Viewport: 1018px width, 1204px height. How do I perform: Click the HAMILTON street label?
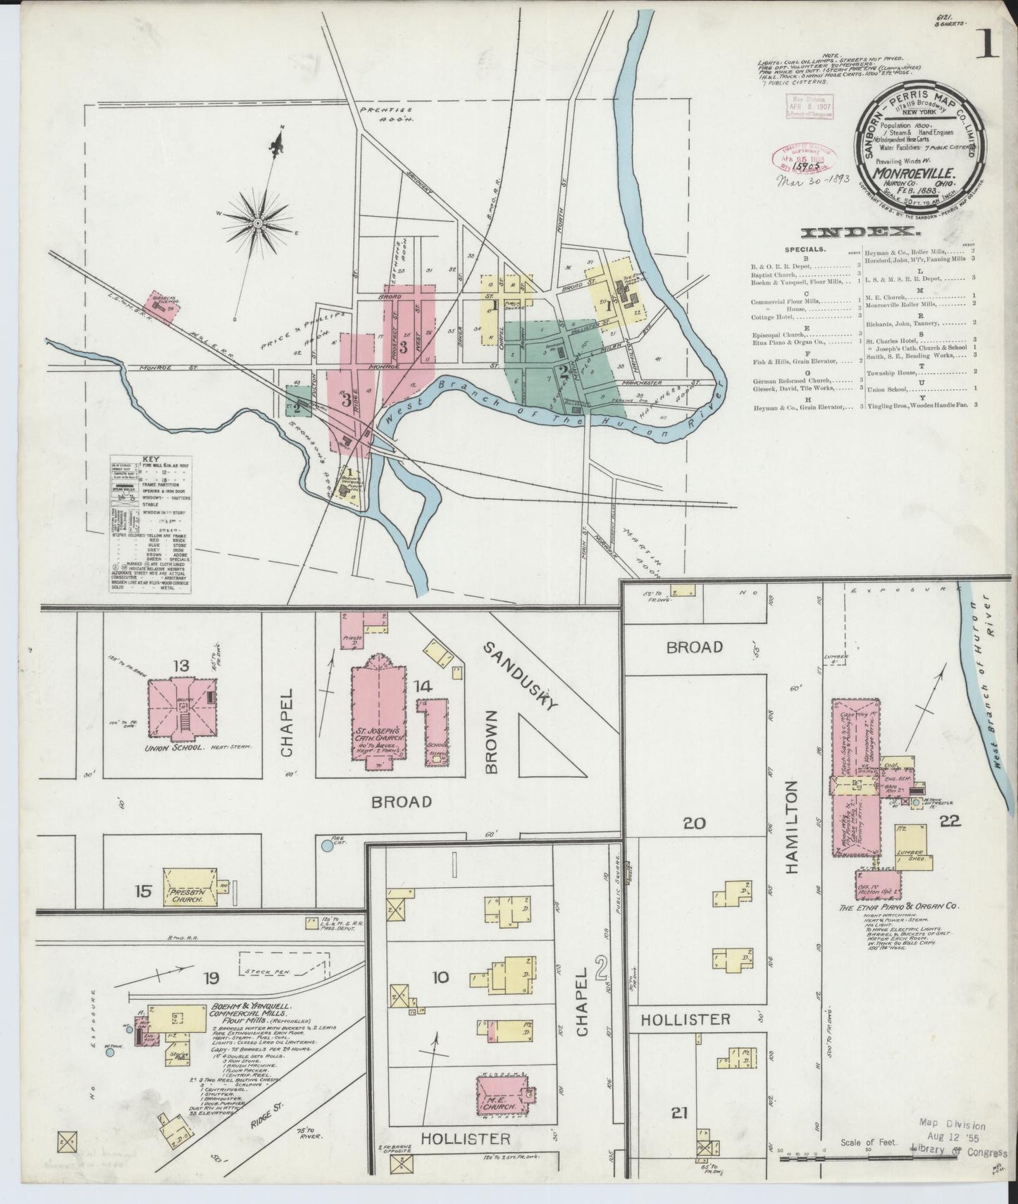click(x=793, y=827)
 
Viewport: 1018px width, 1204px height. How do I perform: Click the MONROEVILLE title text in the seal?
click(x=904, y=171)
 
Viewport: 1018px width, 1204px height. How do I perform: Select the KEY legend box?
click(x=150, y=524)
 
